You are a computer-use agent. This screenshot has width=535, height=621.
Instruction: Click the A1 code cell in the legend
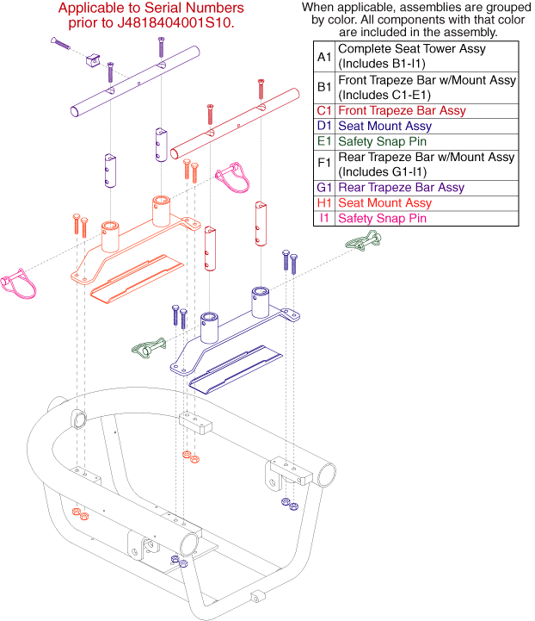[323, 57]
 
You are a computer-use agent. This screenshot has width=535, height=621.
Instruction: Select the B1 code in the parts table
[323, 88]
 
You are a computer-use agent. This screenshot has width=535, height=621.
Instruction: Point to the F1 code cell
[323, 165]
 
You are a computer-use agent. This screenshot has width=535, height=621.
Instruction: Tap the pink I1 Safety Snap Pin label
[378, 219]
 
